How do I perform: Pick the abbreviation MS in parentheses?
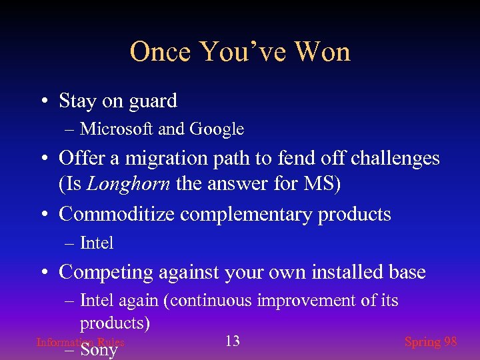pyautogui.click(x=325, y=183)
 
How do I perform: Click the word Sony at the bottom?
pyautogui.click(x=99, y=349)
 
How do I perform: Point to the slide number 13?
pyautogui.click(x=232, y=341)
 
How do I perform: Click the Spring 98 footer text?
pyautogui.click(x=431, y=341)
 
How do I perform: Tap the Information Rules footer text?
pyautogui.click(x=80, y=342)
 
